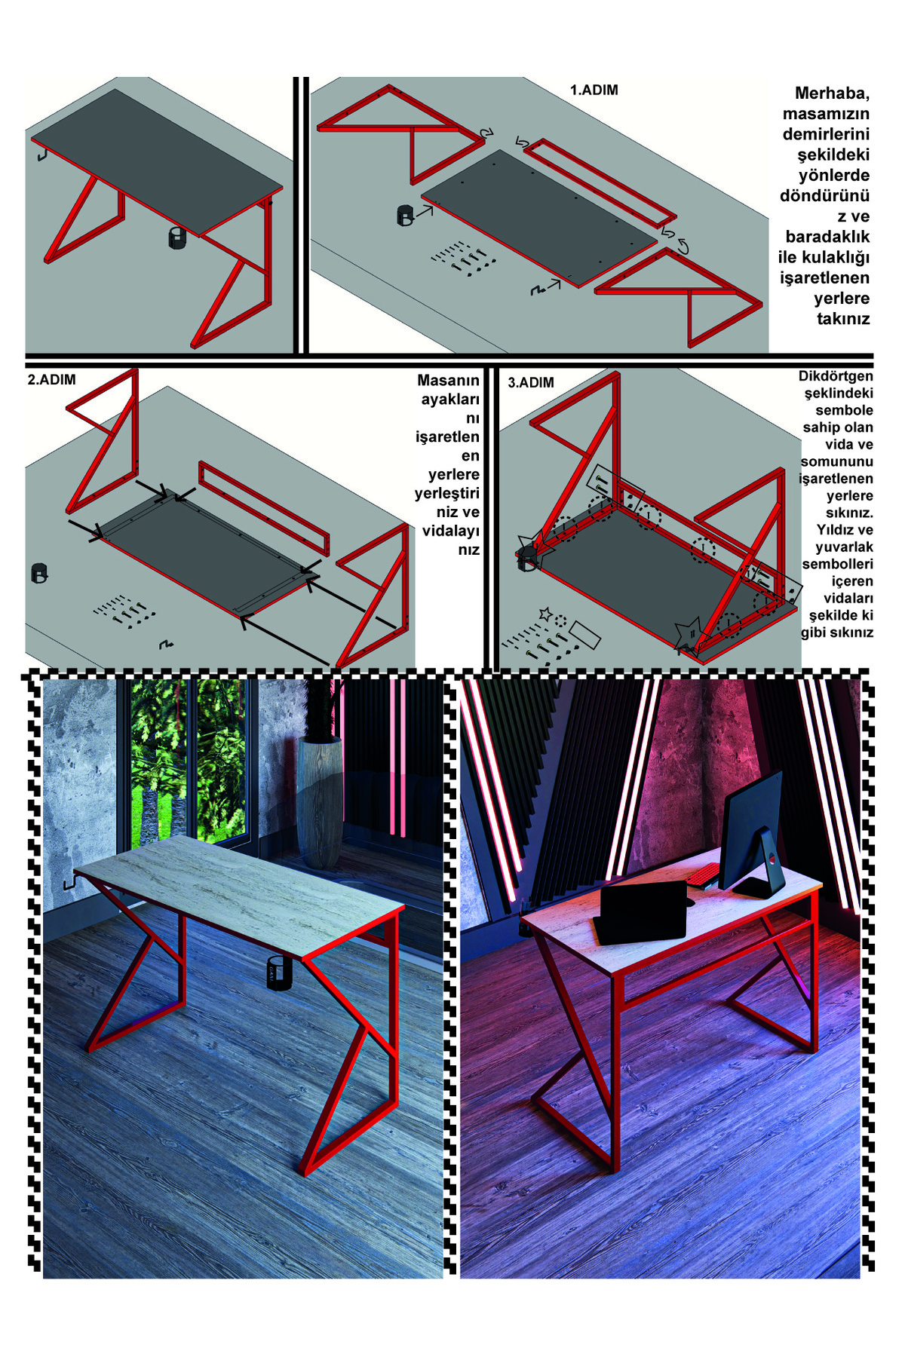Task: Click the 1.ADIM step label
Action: (x=594, y=90)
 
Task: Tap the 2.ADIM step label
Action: (x=52, y=380)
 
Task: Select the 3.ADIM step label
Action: (x=531, y=383)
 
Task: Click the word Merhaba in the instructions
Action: (x=832, y=93)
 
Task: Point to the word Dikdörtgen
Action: (x=836, y=376)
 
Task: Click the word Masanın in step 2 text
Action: (x=448, y=381)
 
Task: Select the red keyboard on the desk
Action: (x=704, y=875)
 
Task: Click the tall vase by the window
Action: (x=319, y=803)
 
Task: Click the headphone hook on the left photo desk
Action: (x=68, y=882)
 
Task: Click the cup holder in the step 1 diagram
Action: (x=406, y=215)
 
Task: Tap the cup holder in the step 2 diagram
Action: (x=39, y=573)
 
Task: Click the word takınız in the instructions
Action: (x=843, y=319)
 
